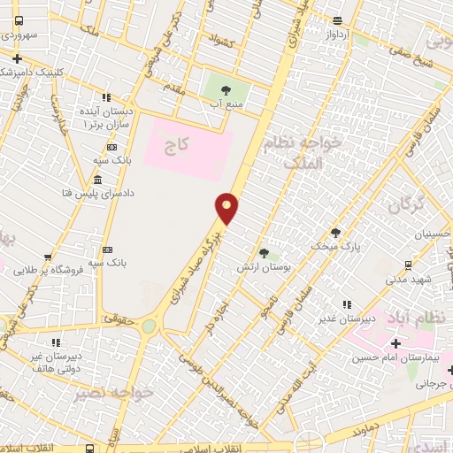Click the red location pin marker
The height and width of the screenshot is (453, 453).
click(x=227, y=208)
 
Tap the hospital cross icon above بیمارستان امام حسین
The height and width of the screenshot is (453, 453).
click(x=395, y=342)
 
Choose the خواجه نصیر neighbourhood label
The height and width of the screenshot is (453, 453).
click(x=106, y=392)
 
